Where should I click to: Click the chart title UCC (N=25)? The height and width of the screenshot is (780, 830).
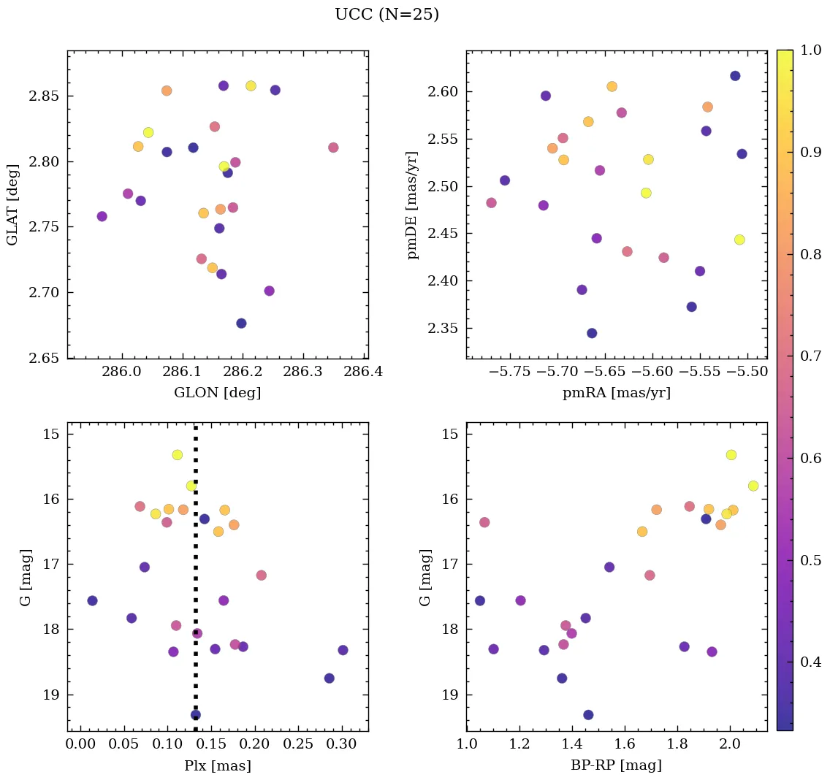(x=387, y=15)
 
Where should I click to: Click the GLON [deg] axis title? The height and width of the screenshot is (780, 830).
(x=217, y=392)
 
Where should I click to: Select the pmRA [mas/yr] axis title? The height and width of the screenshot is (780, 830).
(x=616, y=392)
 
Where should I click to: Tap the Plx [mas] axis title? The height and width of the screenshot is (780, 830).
(x=217, y=765)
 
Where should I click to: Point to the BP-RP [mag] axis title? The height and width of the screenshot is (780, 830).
(x=616, y=765)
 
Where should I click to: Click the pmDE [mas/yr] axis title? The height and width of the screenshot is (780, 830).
(x=413, y=205)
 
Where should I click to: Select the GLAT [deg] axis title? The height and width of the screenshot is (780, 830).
(x=12, y=205)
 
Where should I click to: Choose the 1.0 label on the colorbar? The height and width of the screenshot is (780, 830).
(x=811, y=51)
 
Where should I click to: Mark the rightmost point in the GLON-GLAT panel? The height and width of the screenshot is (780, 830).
(x=333, y=148)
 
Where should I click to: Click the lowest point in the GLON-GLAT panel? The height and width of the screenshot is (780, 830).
(x=241, y=324)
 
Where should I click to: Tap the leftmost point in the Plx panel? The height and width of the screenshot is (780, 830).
(x=92, y=600)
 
